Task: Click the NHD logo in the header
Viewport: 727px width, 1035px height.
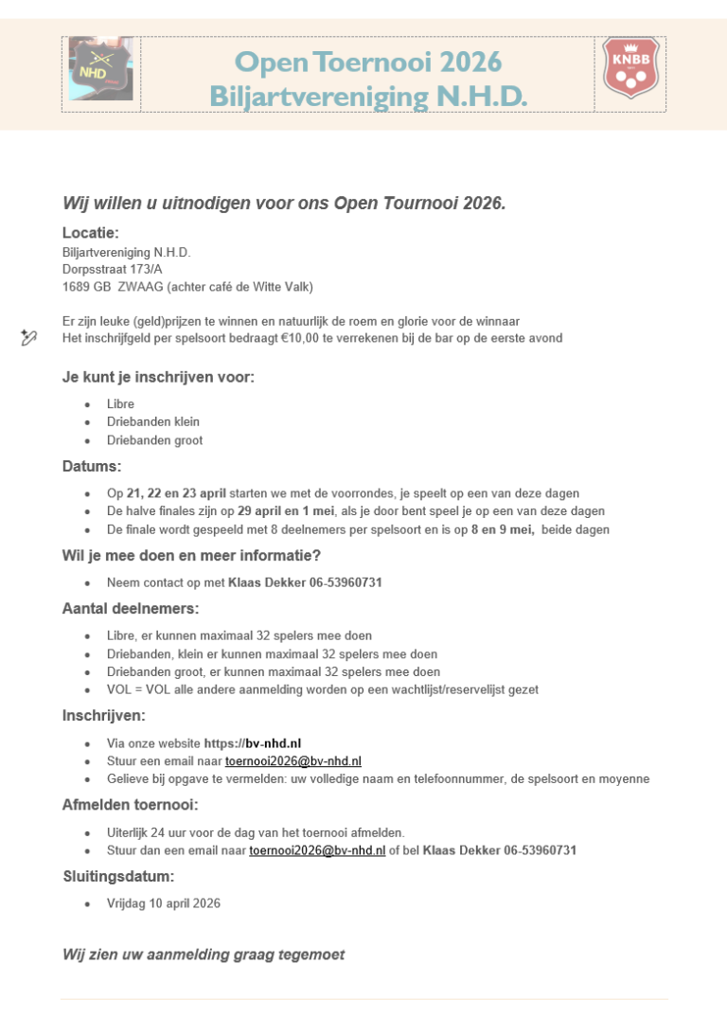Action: pos(100,69)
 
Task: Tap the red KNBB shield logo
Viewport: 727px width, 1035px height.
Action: pos(631,68)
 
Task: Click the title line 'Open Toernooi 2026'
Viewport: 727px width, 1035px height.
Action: pos(367,62)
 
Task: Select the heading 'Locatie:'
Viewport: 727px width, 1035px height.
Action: pos(91,233)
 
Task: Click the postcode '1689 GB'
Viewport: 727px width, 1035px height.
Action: pos(87,287)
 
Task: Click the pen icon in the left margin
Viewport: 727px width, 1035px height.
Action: pos(28,337)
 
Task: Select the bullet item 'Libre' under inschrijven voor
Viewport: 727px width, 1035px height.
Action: pos(120,404)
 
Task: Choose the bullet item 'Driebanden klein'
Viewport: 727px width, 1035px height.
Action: pos(153,422)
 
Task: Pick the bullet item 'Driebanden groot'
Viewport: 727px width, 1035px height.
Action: pos(154,440)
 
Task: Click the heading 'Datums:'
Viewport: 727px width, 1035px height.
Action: pos(92,467)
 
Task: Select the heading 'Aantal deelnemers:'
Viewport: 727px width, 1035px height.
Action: pos(131,609)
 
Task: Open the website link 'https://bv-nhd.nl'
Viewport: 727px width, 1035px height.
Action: pos(253,743)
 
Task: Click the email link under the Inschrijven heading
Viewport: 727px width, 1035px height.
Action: pos(293,761)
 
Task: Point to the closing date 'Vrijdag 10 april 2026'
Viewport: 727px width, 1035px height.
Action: pos(164,903)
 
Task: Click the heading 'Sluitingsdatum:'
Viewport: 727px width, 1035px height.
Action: pos(118,877)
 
